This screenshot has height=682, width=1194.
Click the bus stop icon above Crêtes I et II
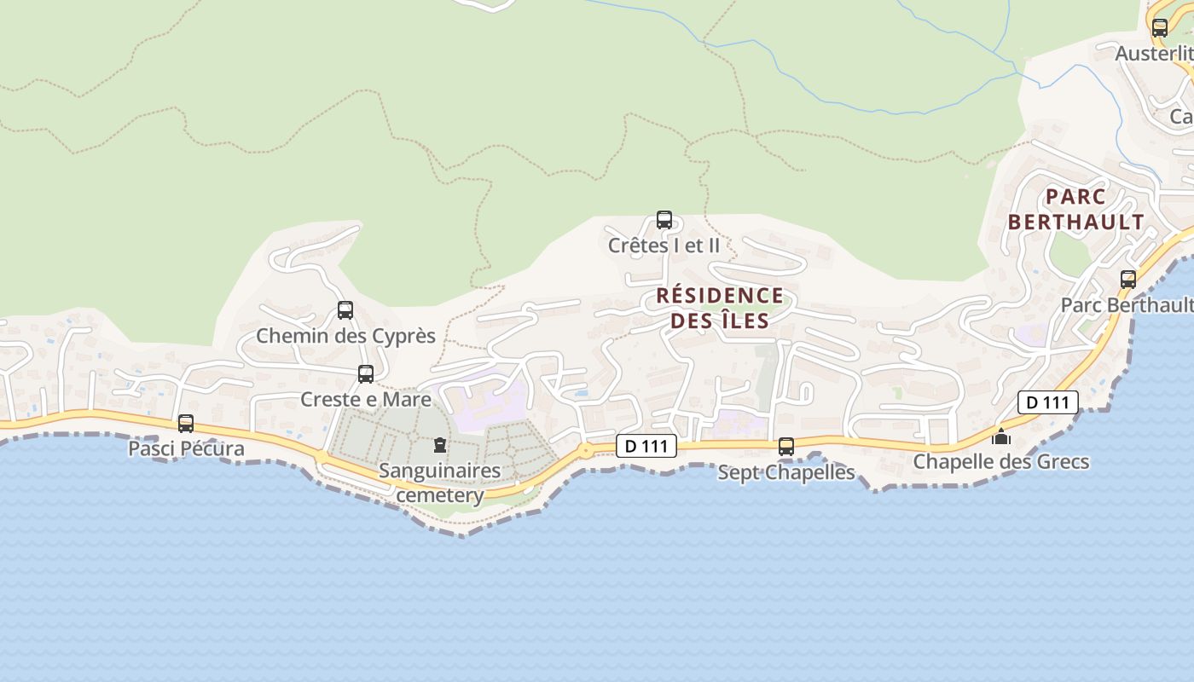coord(664,220)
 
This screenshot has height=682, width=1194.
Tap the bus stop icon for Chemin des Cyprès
coord(345,310)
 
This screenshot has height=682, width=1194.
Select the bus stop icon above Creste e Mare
coord(366,373)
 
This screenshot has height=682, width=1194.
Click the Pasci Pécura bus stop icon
coord(185,423)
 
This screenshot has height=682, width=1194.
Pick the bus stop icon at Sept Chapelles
coord(786,446)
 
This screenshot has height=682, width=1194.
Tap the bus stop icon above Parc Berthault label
coord(1128,279)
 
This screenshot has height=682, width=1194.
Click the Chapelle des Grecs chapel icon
coord(1000,436)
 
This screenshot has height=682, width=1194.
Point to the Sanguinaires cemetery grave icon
coord(440,445)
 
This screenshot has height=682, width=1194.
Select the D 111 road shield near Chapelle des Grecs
coord(1048,402)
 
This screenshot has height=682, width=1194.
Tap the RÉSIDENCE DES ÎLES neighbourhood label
coord(720,308)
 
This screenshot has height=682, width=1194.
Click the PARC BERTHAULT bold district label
coord(1075,209)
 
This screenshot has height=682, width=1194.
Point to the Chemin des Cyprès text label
coord(345,336)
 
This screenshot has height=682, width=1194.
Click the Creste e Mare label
coord(366,399)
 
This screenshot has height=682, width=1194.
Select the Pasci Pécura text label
coord(186,448)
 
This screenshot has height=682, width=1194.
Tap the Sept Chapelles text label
coord(786,471)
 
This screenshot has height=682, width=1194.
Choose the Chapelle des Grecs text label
coord(1001,462)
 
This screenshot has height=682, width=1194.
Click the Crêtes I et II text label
coord(664,246)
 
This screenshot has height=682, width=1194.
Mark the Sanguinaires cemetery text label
coord(440,483)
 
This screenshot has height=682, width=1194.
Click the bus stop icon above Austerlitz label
coord(1159,27)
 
